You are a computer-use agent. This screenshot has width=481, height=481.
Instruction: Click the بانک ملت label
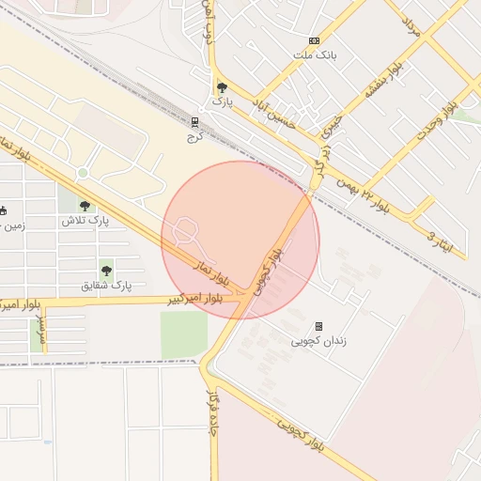[315, 55]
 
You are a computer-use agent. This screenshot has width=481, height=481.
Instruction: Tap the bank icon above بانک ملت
[314, 41]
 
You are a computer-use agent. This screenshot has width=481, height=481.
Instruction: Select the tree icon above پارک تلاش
[85, 206]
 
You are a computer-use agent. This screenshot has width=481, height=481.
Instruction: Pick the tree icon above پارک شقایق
[106, 270]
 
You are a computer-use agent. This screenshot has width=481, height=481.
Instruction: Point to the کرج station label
[194, 137]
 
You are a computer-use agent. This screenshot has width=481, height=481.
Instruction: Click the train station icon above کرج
[194, 122]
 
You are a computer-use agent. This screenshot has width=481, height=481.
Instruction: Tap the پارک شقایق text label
[106, 285]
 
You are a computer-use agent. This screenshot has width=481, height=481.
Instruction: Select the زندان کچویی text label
[318, 341]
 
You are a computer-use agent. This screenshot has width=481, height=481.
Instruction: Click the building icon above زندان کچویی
[318, 326]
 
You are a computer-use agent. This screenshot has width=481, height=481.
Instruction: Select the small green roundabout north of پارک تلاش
[83, 172]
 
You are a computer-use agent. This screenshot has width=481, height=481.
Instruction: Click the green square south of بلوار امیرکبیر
[183, 334]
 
